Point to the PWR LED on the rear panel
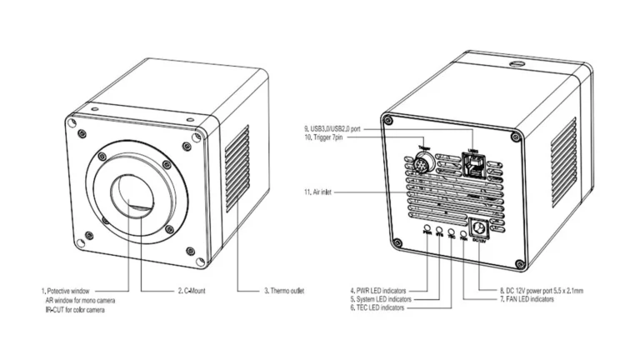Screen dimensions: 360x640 click(x=427, y=227)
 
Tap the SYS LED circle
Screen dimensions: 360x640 click(x=439, y=229)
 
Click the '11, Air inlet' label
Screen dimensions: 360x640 click(x=324, y=192)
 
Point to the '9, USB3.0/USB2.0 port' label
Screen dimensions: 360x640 click(x=338, y=128)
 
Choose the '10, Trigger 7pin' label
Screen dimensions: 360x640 click(x=328, y=138)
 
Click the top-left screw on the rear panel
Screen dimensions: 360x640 click(x=389, y=122)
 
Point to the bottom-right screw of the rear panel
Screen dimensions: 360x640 click(x=521, y=265)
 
